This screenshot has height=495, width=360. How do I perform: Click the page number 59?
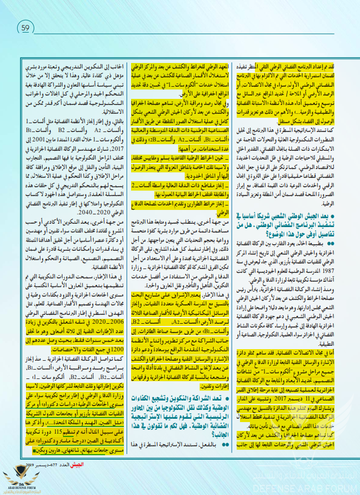26,26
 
